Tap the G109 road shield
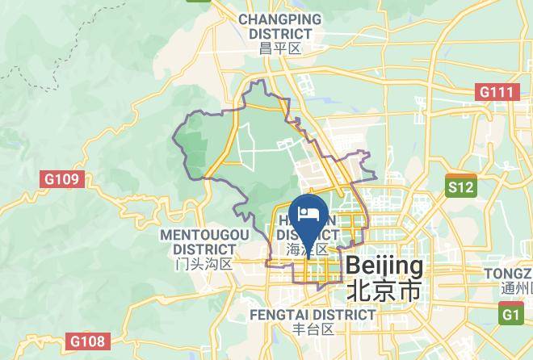(x=62, y=178)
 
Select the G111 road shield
(x=497, y=92)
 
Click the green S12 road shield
(x=461, y=187)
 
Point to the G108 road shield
(x=86, y=341)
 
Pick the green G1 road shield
(x=511, y=314)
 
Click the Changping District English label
(x=279, y=26)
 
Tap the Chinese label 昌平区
(x=279, y=48)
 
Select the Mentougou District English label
(x=204, y=241)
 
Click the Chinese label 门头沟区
(x=204, y=264)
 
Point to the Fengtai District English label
(x=313, y=314)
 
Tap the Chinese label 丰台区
(x=313, y=329)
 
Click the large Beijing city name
(x=384, y=266)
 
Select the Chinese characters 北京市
(x=384, y=291)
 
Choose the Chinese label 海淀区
(x=308, y=250)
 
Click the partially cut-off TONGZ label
(x=508, y=274)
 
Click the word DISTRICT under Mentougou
(x=204, y=249)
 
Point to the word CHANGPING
(x=279, y=19)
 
